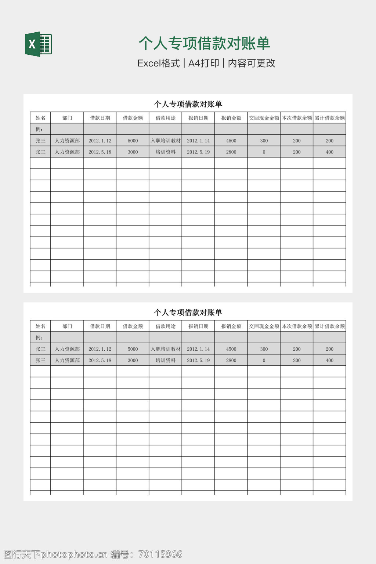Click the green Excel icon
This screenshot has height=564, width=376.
point(38,44)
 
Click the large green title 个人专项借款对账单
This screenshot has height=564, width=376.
point(204,43)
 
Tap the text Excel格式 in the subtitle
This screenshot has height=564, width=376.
point(158,63)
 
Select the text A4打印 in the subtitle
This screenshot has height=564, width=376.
point(203,63)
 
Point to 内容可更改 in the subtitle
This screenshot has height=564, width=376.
point(252,63)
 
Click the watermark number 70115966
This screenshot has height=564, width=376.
point(160,554)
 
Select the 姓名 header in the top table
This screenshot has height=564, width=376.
point(40,118)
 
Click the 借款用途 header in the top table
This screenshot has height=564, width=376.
point(166,118)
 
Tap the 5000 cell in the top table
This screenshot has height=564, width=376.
point(133,141)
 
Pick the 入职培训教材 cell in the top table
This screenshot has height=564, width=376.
point(166,141)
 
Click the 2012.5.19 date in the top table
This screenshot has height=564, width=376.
point(198,152)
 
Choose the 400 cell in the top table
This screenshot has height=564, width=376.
point(329,152)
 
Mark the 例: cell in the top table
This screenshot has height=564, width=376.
point(39,129)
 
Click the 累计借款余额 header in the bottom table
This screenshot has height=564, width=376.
point(330,326)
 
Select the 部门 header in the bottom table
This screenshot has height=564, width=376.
point(67,326)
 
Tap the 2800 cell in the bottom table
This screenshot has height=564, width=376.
point(231,360)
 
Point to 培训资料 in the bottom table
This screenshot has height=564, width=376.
point(166,360)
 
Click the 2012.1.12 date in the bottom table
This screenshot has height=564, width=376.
point(100,349)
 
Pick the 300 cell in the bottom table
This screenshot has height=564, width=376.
point(264,349)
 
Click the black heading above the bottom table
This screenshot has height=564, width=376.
point(188,312)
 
